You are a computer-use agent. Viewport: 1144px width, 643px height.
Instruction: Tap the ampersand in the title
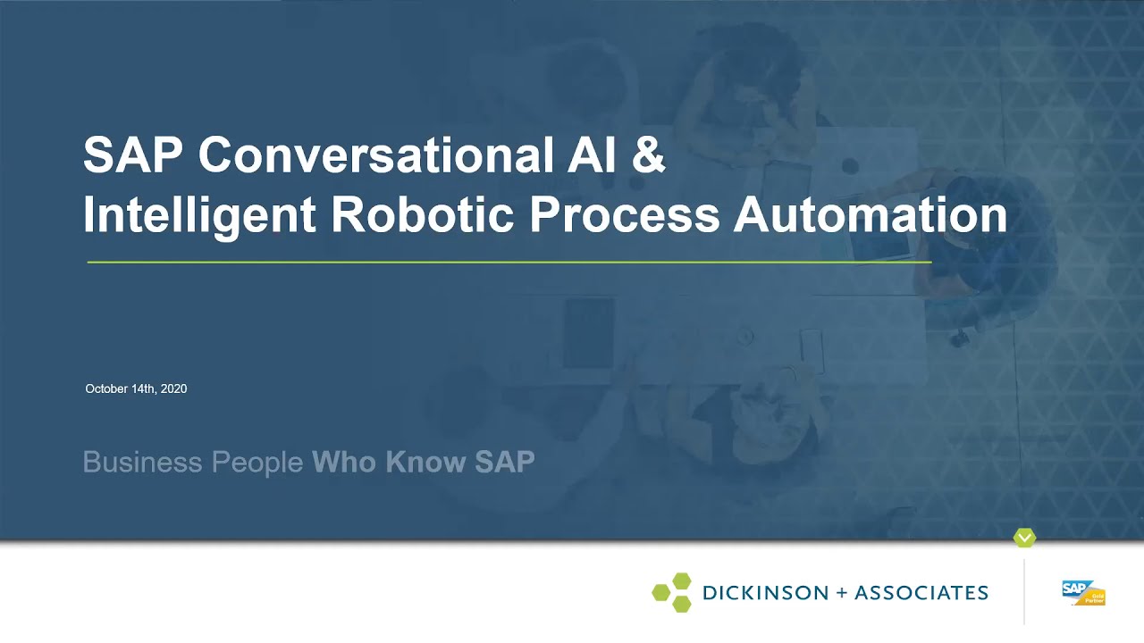[650, 154]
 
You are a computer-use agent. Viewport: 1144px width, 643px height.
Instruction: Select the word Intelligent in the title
[198, 215]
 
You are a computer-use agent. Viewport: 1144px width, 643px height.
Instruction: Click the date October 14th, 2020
[136, 388]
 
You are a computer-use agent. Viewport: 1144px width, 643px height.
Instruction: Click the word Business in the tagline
[142, 462]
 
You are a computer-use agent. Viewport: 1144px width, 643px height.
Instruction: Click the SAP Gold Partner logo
[1083, 592]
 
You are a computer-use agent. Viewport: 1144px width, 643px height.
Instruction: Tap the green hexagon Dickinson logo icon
[672, 592]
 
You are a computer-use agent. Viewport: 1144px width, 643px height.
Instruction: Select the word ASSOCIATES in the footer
[921, 592]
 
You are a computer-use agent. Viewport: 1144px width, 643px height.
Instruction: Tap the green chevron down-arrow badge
[1024, 538]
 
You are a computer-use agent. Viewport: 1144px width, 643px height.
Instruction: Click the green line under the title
[509, 262]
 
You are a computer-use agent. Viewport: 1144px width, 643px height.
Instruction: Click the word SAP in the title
[132, 154]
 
